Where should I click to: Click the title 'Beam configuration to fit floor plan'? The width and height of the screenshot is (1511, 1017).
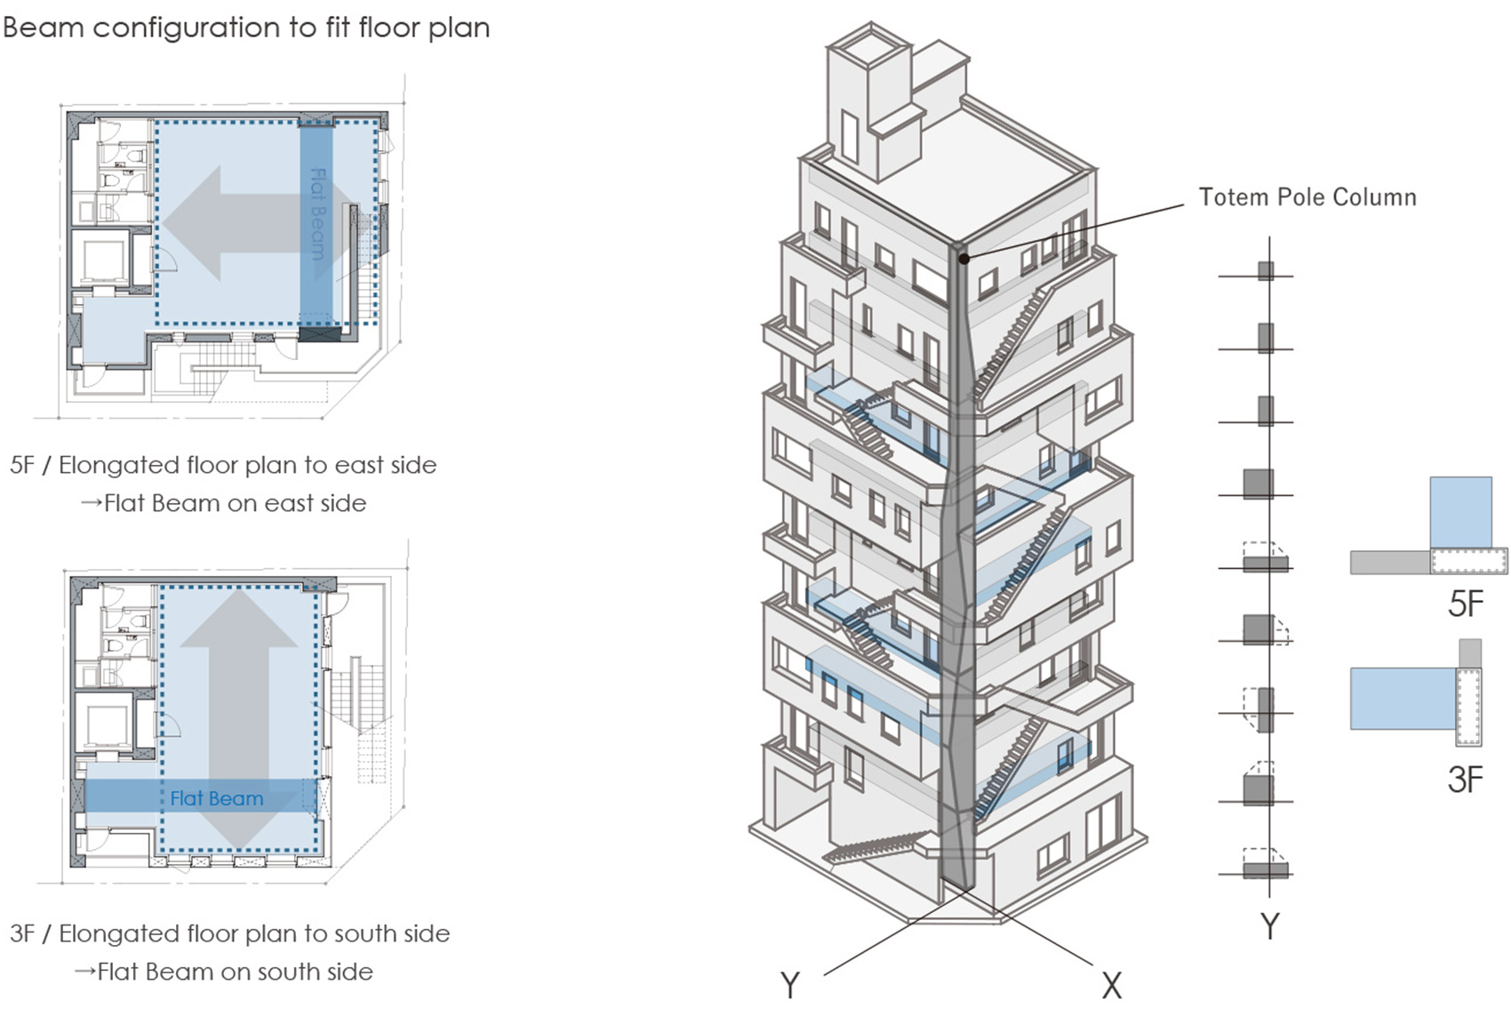[x=246, y=28]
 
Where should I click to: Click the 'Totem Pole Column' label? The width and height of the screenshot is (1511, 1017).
[x=1307, y=197]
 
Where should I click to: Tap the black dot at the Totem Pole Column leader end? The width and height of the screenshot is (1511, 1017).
[x=964, y=259]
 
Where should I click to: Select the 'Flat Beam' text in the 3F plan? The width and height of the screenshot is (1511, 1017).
[x=217, y=798]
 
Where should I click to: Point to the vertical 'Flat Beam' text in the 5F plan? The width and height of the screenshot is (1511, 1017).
[x=317, y=213]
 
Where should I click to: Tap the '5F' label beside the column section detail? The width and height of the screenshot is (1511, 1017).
[x=1466, y=605]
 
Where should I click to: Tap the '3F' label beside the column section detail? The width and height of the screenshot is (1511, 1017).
[x=1465, y=780]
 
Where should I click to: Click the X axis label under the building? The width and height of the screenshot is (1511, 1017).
[x=1111, y=985]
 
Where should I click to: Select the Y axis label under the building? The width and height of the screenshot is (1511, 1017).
[x=789, y=985]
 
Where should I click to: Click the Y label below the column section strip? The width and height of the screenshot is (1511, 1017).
[x=1270, y=926]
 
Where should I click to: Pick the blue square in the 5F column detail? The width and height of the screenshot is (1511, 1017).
[x=1460, y=512]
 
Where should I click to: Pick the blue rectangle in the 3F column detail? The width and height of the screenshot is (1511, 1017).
[x=1403, y=699]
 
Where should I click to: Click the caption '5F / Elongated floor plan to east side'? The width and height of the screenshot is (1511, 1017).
[x=223, y=465]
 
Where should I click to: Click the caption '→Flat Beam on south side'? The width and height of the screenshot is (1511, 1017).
[x=223, y=972]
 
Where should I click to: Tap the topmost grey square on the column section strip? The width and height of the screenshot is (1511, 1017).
[x=1266, y=270]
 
